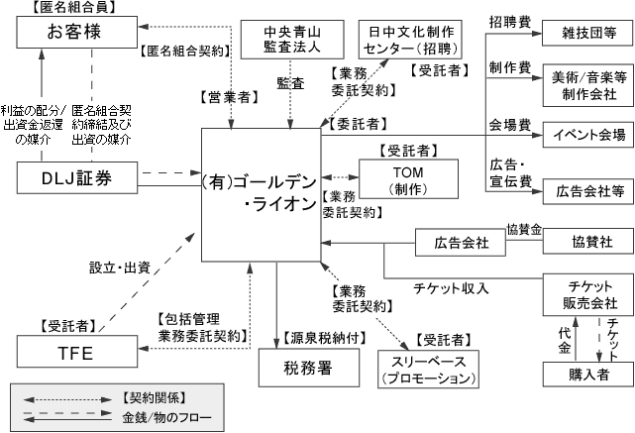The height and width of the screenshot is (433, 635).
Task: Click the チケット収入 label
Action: click(x=451, y=289)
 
